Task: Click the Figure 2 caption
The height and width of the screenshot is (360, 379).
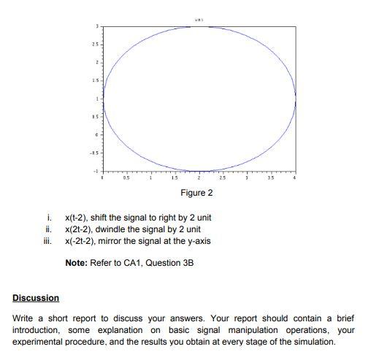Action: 197,194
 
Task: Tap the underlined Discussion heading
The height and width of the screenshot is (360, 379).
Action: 36,298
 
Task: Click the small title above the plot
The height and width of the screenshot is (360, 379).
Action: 198,20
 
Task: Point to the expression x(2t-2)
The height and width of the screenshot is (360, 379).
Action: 77,230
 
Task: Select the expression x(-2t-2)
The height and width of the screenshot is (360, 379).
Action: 79,242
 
